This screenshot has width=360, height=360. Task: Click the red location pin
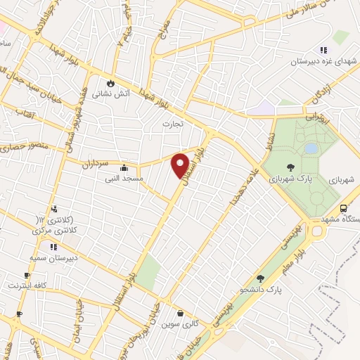[x=181, y=166]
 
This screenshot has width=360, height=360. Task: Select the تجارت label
[x=172, y=124]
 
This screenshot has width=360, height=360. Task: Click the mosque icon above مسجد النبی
[x=124, y=168]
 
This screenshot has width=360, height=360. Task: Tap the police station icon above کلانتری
[x=54, y=208]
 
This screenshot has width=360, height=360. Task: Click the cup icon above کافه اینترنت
[x=27, y=275]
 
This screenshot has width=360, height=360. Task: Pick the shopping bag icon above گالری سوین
[x=181, y=314]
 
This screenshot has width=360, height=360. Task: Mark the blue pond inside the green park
[x=310, y=148]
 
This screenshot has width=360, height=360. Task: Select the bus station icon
[x=343, y=209]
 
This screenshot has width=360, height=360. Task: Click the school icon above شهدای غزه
[x=323, y=50]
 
